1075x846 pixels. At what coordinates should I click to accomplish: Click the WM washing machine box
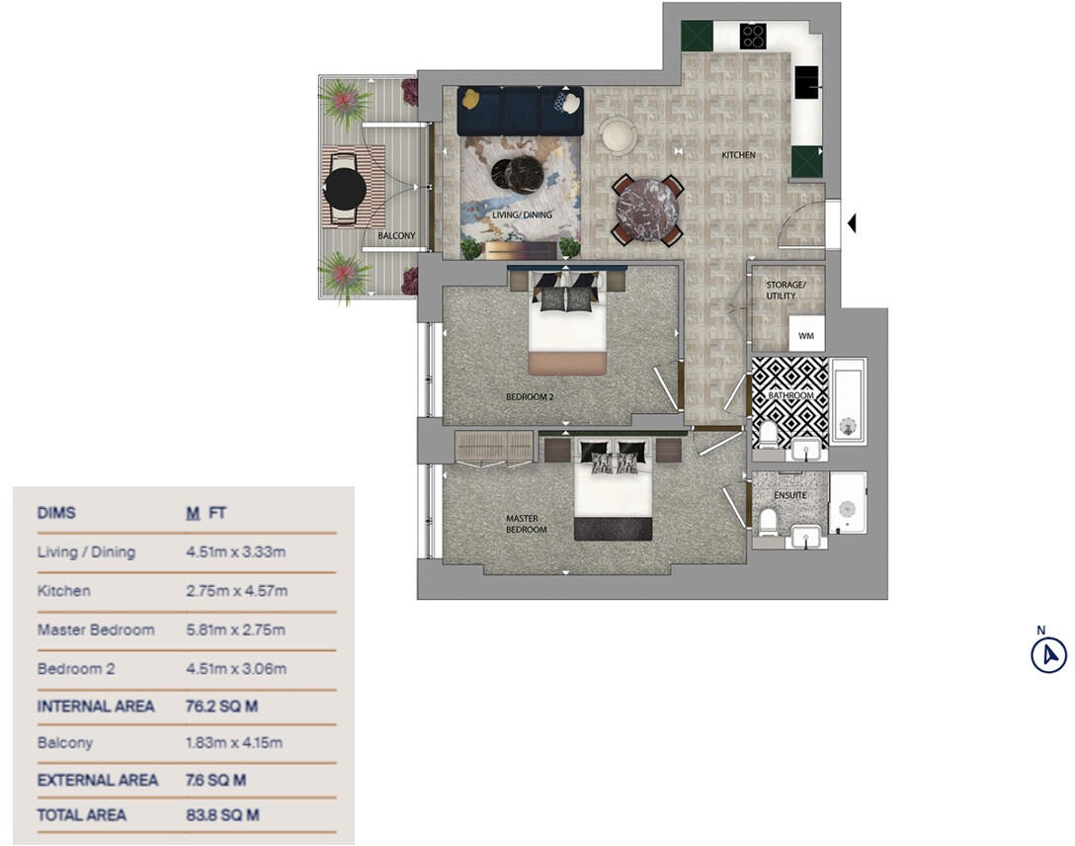pos(806,336)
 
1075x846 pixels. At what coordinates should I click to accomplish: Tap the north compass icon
pos(1048,654)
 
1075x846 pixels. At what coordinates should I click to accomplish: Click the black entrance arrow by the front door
pos(851,224)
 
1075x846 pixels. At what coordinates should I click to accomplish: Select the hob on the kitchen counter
pos(753,37)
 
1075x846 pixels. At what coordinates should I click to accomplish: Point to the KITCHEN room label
pos(738,155)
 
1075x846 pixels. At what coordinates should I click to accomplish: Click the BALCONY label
pos(396,236)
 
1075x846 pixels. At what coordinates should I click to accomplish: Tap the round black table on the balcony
pos(345,188)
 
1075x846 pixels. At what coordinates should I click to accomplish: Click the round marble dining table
pos(646,209)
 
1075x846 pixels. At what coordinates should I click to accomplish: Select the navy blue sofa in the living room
pos(520,110)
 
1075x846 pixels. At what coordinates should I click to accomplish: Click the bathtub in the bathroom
pos(848,401)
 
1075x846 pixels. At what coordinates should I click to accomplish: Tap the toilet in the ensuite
pos(768,518)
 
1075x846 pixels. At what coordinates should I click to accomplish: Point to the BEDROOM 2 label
pos(530,397)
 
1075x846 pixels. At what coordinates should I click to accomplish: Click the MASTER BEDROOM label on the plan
pos(526,523)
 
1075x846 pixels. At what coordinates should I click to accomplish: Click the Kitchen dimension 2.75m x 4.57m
pos(229,591)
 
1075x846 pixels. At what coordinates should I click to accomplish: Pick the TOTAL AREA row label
pos(81,815)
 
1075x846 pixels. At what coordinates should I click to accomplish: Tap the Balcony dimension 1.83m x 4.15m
pos(229,742)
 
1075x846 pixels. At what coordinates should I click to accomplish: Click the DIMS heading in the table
pos(56,513)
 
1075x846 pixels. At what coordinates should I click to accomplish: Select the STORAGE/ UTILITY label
pos(786,291)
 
